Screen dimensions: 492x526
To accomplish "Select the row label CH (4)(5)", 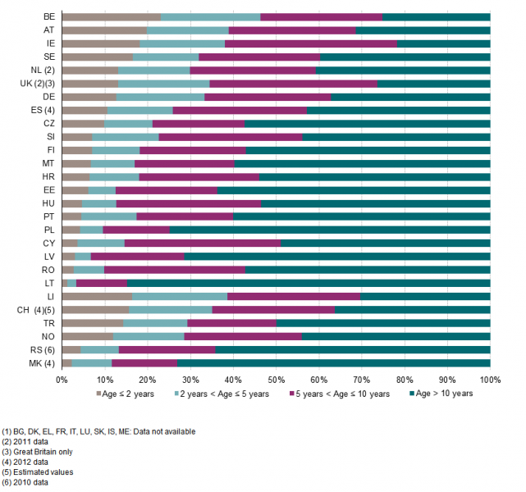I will (35, 309).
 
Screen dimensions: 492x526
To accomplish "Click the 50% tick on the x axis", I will (276, 380).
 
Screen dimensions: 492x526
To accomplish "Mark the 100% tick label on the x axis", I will (490, 380).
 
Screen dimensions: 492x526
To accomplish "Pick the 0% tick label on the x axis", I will (62, 380).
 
